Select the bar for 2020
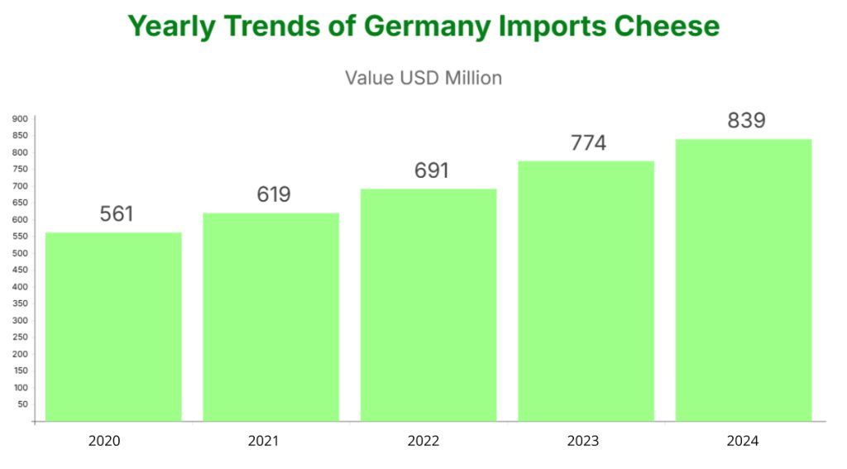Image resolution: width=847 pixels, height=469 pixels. click(x=113, y=327)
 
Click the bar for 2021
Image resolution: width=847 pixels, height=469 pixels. click(x=270, y=317)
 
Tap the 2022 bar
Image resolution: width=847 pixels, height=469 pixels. click(x=428, y=305)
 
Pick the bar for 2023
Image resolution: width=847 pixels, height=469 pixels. click(x=586, y=291)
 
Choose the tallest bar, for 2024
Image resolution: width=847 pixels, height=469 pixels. click(x=744, y=280)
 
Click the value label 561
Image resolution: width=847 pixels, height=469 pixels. click(x=117, y=214)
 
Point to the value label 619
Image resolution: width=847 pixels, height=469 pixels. click(x=274, y=194)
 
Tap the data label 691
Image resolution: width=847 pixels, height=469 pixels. click(x=431, y=171)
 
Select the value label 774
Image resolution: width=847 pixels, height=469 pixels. click(x=588, y=143)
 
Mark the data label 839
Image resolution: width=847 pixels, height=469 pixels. click(x=746, y=121)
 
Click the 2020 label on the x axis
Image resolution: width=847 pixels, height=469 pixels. click(x=104, y=441)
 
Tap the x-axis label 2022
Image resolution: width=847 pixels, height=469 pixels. click(x=423, y=441)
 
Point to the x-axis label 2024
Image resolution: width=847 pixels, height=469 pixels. click(x=743, y=441)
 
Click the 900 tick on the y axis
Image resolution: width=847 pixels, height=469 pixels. click(x=20, y=118)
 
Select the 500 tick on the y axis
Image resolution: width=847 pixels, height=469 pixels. click(x=20, y=253)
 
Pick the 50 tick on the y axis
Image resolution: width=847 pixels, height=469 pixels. click(x=22, y=404)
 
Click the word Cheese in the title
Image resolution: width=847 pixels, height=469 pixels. click(x=667, y=26)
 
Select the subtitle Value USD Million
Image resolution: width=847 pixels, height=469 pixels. click(x=423, y=78)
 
